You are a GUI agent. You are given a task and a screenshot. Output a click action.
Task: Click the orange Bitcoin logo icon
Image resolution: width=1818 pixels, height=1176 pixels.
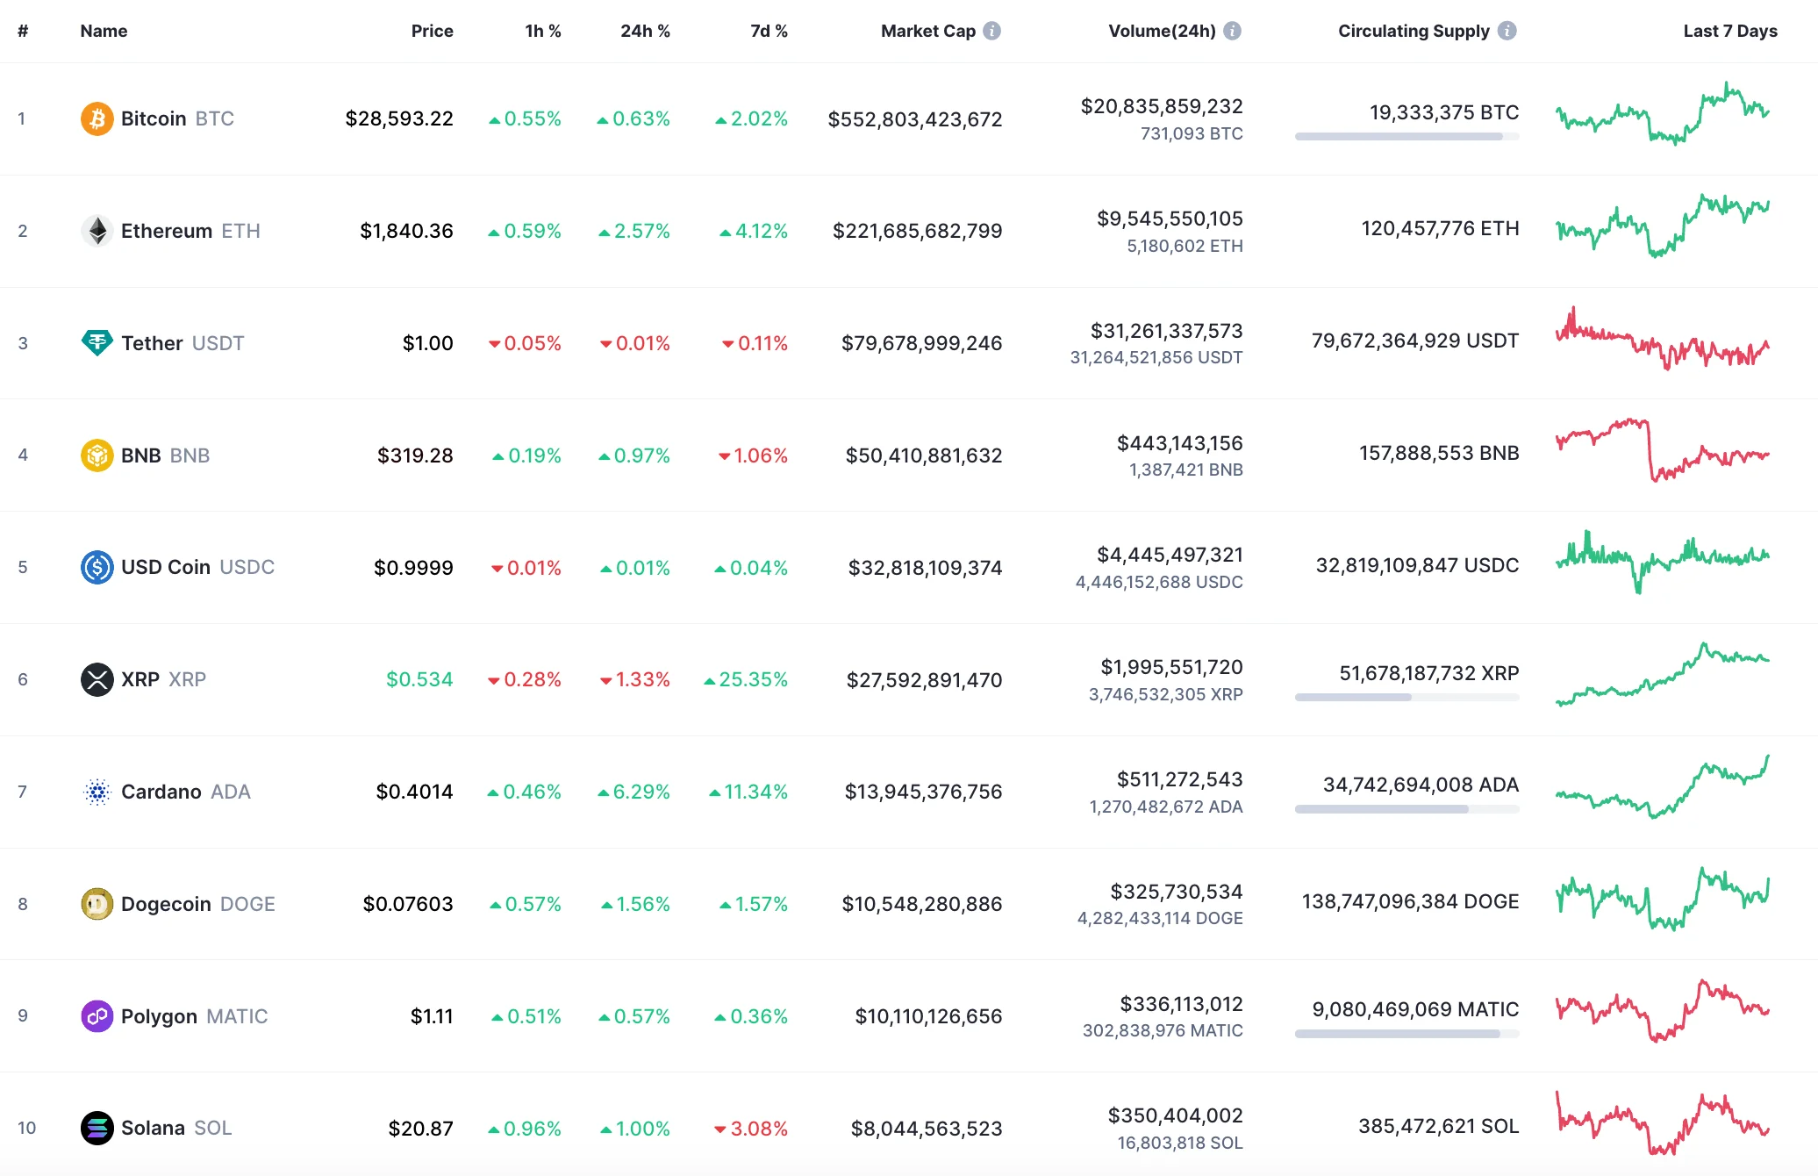pos(97,118)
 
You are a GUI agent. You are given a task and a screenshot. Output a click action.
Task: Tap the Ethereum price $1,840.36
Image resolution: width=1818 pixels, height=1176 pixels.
pos(406,231)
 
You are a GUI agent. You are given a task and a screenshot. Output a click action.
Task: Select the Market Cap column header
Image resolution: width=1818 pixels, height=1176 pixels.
pos(927,31)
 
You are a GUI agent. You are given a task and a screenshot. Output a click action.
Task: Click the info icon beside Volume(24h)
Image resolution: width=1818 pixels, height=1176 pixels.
pos(1232,31)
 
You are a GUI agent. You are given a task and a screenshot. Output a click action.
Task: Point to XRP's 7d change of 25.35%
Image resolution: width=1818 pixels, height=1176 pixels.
pos(752,679)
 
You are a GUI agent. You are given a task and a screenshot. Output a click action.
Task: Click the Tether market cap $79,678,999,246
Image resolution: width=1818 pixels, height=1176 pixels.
pos(921,343)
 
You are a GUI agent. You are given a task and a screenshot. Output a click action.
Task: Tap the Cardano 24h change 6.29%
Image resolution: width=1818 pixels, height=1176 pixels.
pos(641,792)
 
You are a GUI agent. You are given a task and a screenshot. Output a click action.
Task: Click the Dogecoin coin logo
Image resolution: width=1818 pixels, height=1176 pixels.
pos(97,904)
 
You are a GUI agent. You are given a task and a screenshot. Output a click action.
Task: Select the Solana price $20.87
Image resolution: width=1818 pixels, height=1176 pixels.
pos(420,1129)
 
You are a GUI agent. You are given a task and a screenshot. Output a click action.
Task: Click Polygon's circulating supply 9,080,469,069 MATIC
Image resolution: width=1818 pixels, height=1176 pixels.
pos(1414,1009)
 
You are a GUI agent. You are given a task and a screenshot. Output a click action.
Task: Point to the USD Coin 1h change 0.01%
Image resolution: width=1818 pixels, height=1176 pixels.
pos(533,568)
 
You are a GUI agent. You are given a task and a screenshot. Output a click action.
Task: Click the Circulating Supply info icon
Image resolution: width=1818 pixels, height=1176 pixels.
pos(1507,31)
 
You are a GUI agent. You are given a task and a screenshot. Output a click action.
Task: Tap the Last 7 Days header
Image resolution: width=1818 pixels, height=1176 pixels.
pos(1729,31)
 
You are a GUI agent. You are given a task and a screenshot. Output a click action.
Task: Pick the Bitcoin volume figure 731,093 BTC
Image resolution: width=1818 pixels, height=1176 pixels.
pos(1191,133)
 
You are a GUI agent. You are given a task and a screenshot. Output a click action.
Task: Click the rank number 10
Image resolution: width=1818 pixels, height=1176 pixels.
pos(26,1128)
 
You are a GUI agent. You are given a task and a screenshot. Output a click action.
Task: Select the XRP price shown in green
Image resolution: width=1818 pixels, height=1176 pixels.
pos(419,679)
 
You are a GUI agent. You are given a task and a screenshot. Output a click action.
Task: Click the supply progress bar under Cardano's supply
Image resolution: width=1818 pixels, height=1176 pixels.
pos(1406,809)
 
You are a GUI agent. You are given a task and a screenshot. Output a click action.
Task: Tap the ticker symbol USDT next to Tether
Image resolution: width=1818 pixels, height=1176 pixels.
pos(218,343)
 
